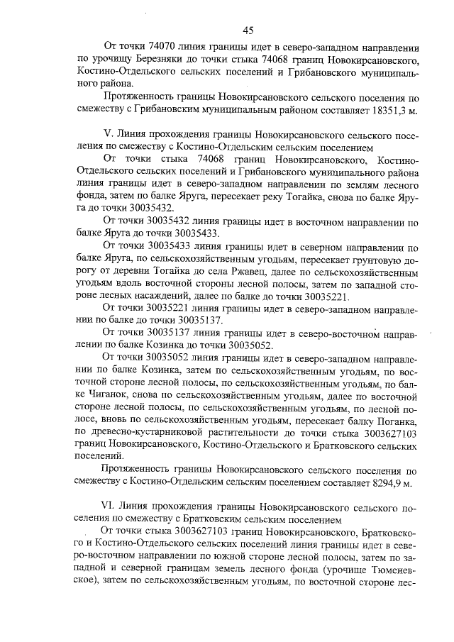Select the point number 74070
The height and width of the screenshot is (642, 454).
pos(163,47)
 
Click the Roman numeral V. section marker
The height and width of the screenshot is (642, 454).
pos(108,134)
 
